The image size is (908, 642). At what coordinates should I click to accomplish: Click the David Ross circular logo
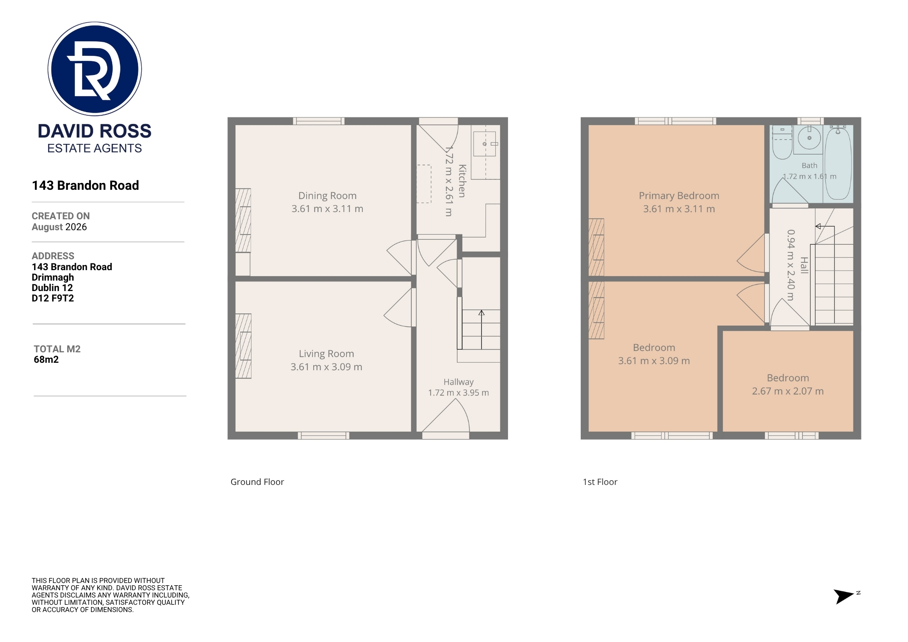(94, 69)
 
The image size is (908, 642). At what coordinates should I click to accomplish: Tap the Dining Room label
(327, 196)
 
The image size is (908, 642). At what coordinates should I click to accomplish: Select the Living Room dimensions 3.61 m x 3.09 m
(326, 367)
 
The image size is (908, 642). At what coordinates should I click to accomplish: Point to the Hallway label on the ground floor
(459, 382)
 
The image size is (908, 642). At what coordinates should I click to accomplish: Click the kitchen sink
(484, 144)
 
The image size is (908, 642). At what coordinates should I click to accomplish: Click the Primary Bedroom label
(679, 196)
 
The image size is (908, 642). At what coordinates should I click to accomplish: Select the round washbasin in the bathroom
(809, 138)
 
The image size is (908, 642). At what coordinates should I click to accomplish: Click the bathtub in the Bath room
(838, 163)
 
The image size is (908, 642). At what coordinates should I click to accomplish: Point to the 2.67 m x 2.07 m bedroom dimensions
(788, 391)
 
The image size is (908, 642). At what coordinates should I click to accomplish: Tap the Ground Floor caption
(257, 482)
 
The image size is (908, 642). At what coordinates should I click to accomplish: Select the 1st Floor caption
(600, 482)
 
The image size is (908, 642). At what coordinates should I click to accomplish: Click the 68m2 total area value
(46, 360)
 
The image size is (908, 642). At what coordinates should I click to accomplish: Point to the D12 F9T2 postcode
(53, 298)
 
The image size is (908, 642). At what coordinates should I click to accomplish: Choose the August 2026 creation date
(59, 227)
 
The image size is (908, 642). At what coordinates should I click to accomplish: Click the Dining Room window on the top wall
(319, 121)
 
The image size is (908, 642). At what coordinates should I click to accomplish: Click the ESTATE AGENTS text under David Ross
(94, 148)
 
